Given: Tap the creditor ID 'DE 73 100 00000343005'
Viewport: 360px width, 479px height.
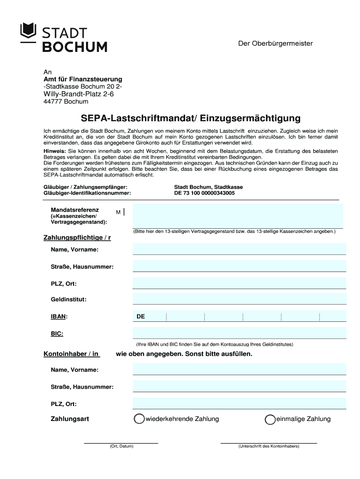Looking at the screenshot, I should [x=204, y=193].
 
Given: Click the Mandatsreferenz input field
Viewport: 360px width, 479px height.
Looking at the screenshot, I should [x=238, y=215].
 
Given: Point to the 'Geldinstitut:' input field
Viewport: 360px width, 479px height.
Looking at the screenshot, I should [x=239, y=299].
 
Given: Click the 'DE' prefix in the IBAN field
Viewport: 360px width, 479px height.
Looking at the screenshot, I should [x=141, y=317].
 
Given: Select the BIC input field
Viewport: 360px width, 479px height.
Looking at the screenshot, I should [x=239, y=333].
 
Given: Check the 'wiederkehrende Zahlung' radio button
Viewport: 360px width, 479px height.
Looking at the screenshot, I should [x=139, y=419].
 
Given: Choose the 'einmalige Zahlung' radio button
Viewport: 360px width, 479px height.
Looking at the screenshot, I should [x=270, y=420].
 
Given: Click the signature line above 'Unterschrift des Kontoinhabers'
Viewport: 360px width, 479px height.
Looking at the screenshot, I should [x=268, y=442].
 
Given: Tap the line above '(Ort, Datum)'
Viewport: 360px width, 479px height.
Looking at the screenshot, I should [x=121, y=442].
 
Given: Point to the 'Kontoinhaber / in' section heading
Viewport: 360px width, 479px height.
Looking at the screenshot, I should [x=71, y=354].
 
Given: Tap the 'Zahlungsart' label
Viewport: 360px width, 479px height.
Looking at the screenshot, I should [x=70, y=419].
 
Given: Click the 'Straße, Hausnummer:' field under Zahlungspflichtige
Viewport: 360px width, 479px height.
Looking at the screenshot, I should [x=239, y=266].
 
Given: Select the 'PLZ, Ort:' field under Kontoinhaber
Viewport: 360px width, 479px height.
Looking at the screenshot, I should [x=239, y=403].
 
